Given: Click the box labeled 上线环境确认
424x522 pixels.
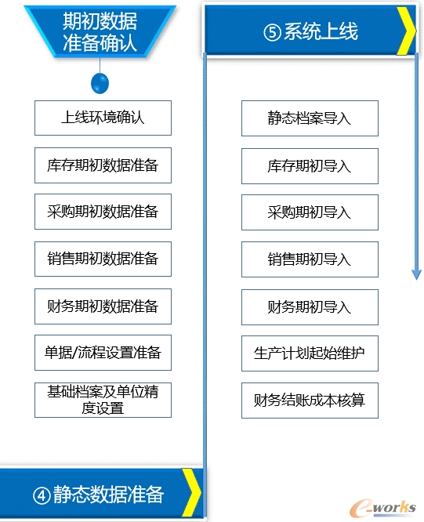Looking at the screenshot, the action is (103, 118).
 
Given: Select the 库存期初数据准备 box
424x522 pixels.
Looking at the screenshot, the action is (103, 165).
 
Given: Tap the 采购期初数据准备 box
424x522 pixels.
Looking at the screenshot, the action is (103, 212).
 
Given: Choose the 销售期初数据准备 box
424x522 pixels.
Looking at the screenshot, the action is (103, 259).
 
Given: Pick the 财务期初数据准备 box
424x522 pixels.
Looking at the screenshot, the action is (103, 306).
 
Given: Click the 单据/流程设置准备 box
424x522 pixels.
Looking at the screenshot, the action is (103, 353).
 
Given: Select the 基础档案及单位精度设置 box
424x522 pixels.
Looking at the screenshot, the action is (103, 400).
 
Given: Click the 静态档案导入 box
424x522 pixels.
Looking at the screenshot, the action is (310, 118).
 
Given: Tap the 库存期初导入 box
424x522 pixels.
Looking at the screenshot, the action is (310, 166).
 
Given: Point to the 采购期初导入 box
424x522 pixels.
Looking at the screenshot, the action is (310, 212).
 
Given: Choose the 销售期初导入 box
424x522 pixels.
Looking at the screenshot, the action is (310, 259).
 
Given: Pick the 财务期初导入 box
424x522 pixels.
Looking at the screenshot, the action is (310, 307).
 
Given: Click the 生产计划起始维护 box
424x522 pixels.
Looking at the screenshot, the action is (310, 353).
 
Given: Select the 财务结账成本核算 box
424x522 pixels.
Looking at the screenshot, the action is (310, 401).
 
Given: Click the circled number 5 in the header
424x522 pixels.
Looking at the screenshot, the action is (272, 32).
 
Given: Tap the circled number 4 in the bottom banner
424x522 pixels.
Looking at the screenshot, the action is (42, 495).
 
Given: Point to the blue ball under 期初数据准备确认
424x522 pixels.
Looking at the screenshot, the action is (100, 83).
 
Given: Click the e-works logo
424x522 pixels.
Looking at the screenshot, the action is (382, 508).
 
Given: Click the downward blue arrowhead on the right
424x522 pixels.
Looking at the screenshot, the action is (416, 274).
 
